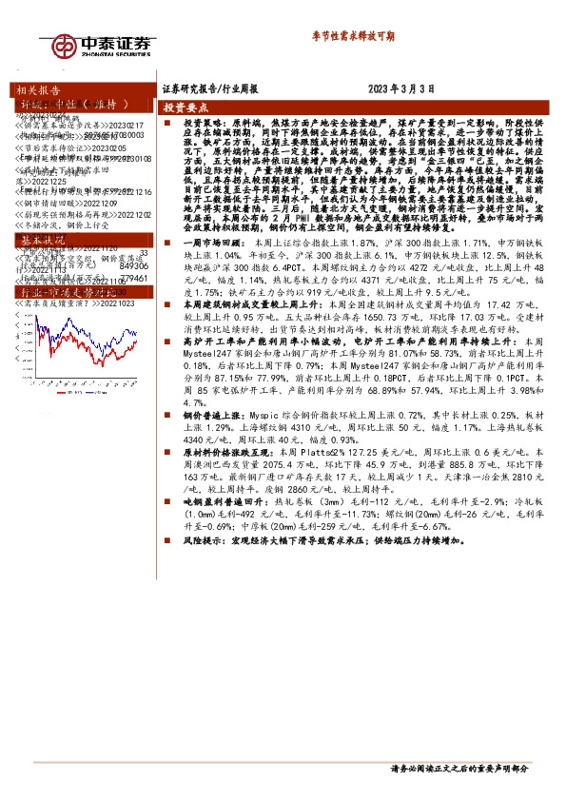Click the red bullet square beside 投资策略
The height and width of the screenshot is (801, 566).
pos(166,125)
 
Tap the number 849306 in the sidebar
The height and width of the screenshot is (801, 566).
pos(133,266)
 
